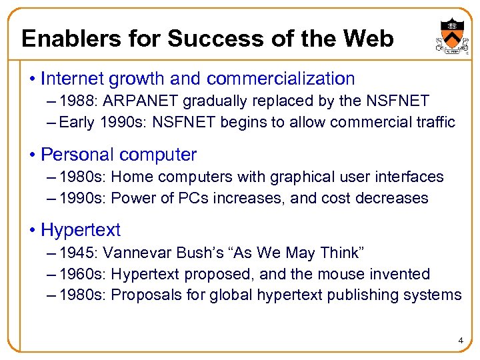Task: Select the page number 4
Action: pos(460,341)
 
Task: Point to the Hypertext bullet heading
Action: pos(81,230)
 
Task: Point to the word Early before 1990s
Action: pos(76,122)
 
